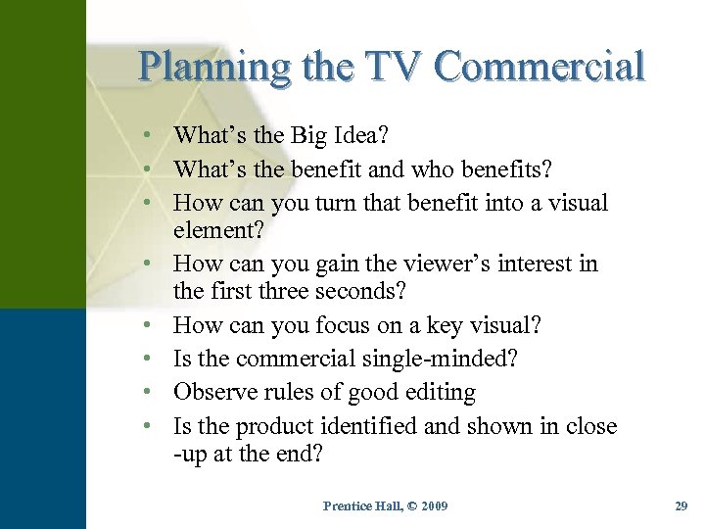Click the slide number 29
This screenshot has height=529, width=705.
681,505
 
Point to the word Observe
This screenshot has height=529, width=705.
214,393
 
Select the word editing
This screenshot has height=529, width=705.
438,393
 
